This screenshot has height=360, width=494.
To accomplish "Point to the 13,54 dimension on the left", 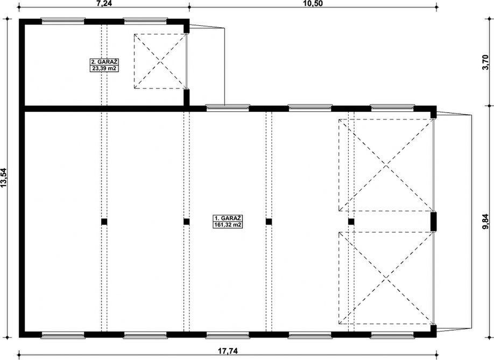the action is point(4,178).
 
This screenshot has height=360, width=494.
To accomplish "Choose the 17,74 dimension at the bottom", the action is point(228,351).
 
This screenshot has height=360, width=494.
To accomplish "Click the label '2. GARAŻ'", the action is point(104,62).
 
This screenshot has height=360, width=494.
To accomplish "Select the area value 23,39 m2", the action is point(104,68).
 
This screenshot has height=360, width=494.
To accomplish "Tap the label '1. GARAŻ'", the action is point(228,218).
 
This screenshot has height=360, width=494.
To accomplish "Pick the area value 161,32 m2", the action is point(228,224).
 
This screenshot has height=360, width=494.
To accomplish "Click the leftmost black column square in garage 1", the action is point(104,222).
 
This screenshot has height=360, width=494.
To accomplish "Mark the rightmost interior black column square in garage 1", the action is point(351,222).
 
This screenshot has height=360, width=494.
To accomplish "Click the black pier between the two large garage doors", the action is point(434,222).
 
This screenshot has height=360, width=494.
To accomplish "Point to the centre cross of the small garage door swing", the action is point(161,61).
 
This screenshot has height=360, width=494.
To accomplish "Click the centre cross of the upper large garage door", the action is point(386,165).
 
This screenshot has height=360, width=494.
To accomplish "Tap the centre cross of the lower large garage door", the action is point(386,278).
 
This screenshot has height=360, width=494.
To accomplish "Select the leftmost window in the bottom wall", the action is point(63,335).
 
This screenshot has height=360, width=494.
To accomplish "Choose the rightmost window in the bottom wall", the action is point(392,335).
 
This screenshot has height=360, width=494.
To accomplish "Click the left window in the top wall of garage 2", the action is point(63,21).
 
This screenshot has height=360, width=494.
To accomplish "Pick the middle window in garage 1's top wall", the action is point(310,108).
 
